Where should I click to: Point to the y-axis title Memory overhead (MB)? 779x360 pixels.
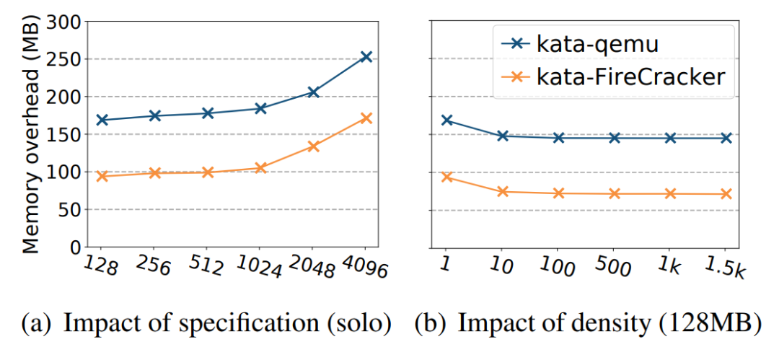(30, 136)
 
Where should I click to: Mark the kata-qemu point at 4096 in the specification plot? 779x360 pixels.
(366, 56)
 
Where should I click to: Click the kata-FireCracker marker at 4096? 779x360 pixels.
(366, 118)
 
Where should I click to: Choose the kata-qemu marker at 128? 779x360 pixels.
(102, 120)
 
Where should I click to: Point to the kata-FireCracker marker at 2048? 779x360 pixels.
(313, 146)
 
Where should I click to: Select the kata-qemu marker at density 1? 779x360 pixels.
(447, 120)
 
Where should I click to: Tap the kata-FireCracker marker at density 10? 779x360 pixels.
(503, 191)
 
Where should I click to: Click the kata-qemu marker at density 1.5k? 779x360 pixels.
(726, 138)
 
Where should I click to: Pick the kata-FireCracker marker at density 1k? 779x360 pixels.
(670, 193)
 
